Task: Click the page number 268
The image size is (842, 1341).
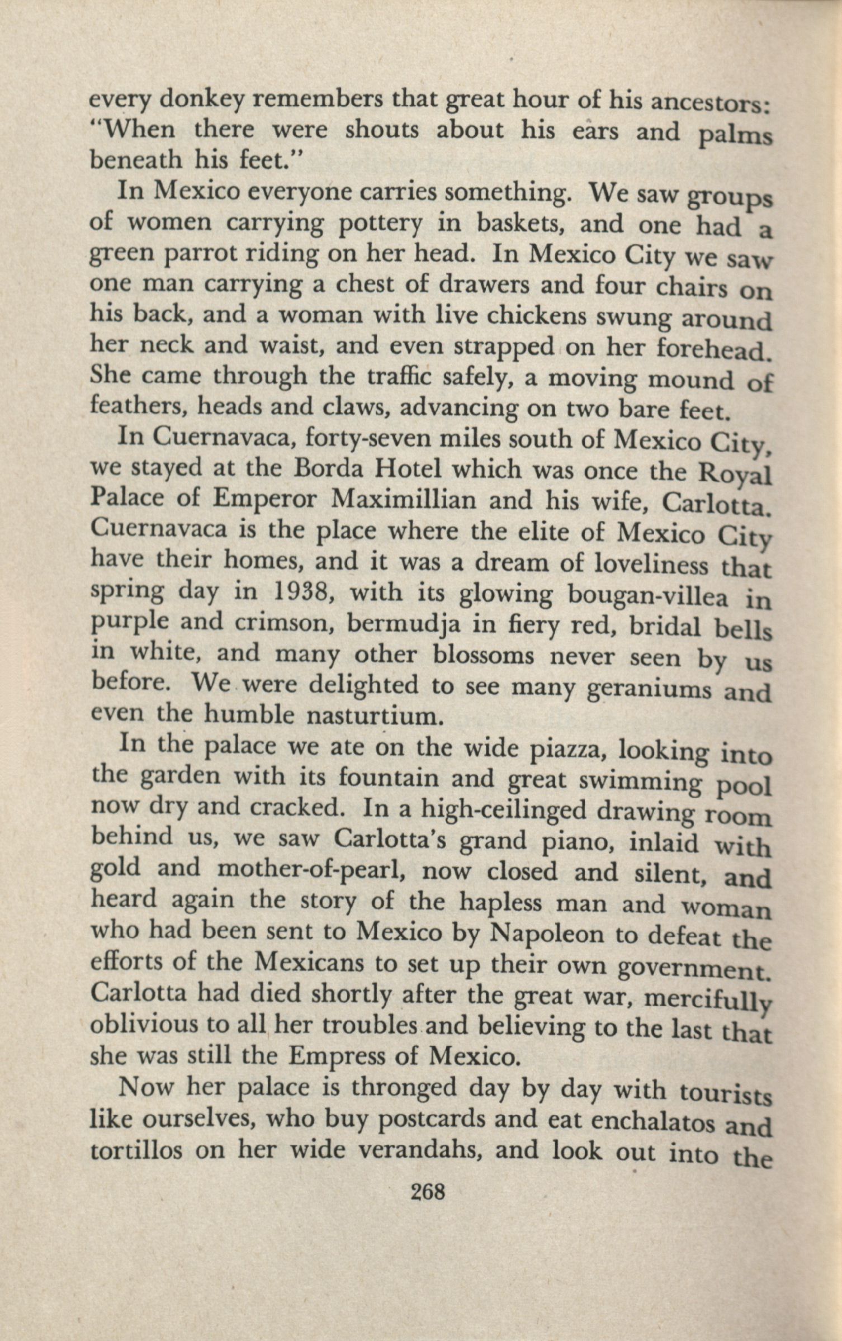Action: (x=428, y=1192)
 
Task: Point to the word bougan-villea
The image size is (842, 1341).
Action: (x=648, y=596)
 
